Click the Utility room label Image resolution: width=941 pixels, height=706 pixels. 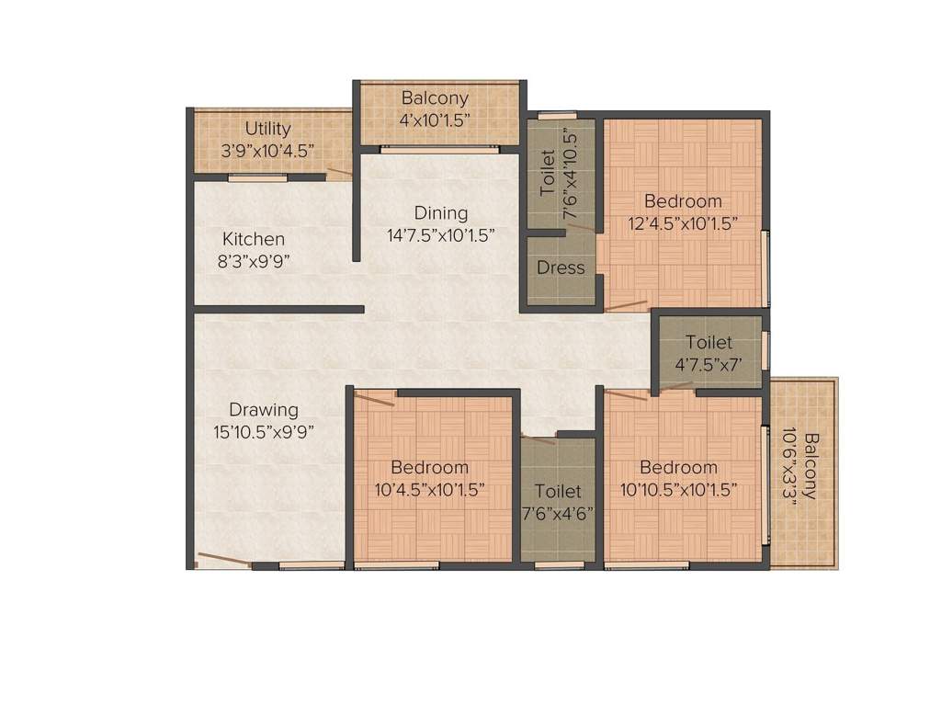pos(267,129)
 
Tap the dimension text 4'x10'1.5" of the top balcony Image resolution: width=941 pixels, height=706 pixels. pos(435,120)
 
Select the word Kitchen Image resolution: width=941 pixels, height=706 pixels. pos(253,239)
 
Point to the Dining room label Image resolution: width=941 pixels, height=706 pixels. pos(440,213)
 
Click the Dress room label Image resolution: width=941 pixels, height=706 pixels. pos(561,268)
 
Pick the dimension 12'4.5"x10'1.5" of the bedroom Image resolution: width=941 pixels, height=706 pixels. pos(683,222)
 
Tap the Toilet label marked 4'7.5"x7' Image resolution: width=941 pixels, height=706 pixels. pos(709,343)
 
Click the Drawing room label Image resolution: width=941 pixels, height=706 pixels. pos(264,410)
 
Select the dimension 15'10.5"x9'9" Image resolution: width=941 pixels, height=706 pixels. pos(264,432)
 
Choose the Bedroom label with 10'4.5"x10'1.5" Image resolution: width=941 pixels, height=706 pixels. pos(429,468)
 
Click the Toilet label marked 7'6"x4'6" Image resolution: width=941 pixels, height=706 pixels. pos(558,492)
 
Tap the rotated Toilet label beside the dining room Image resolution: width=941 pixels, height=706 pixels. pos(548,172)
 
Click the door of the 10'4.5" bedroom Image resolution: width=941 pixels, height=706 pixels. pos(374,398)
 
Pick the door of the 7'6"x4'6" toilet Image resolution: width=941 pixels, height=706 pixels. pos(538,438)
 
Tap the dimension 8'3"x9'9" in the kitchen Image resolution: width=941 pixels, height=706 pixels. pos(253,260)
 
